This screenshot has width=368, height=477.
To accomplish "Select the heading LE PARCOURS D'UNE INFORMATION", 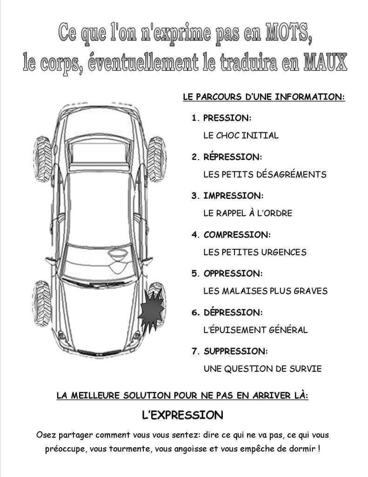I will click(x=263, y=98).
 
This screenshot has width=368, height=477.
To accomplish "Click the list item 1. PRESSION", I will click(x=221, y=117).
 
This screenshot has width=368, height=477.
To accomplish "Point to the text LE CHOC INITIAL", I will click(x=241, y=136).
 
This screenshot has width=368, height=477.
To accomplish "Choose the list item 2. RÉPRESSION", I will click(x=227, y=157).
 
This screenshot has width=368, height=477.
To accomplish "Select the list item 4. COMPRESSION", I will click(x=231, y=234).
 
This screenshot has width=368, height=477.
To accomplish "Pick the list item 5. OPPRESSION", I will click(x=227, y=273).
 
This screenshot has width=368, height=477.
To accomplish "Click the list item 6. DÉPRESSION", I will click(x=227, y=312).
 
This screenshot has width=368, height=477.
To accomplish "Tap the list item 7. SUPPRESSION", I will click(x=229, y=350).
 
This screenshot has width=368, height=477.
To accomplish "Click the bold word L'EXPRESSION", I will click(x=182, y=415).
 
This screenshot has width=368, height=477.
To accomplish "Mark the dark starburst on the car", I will click(x=151, y=308).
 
